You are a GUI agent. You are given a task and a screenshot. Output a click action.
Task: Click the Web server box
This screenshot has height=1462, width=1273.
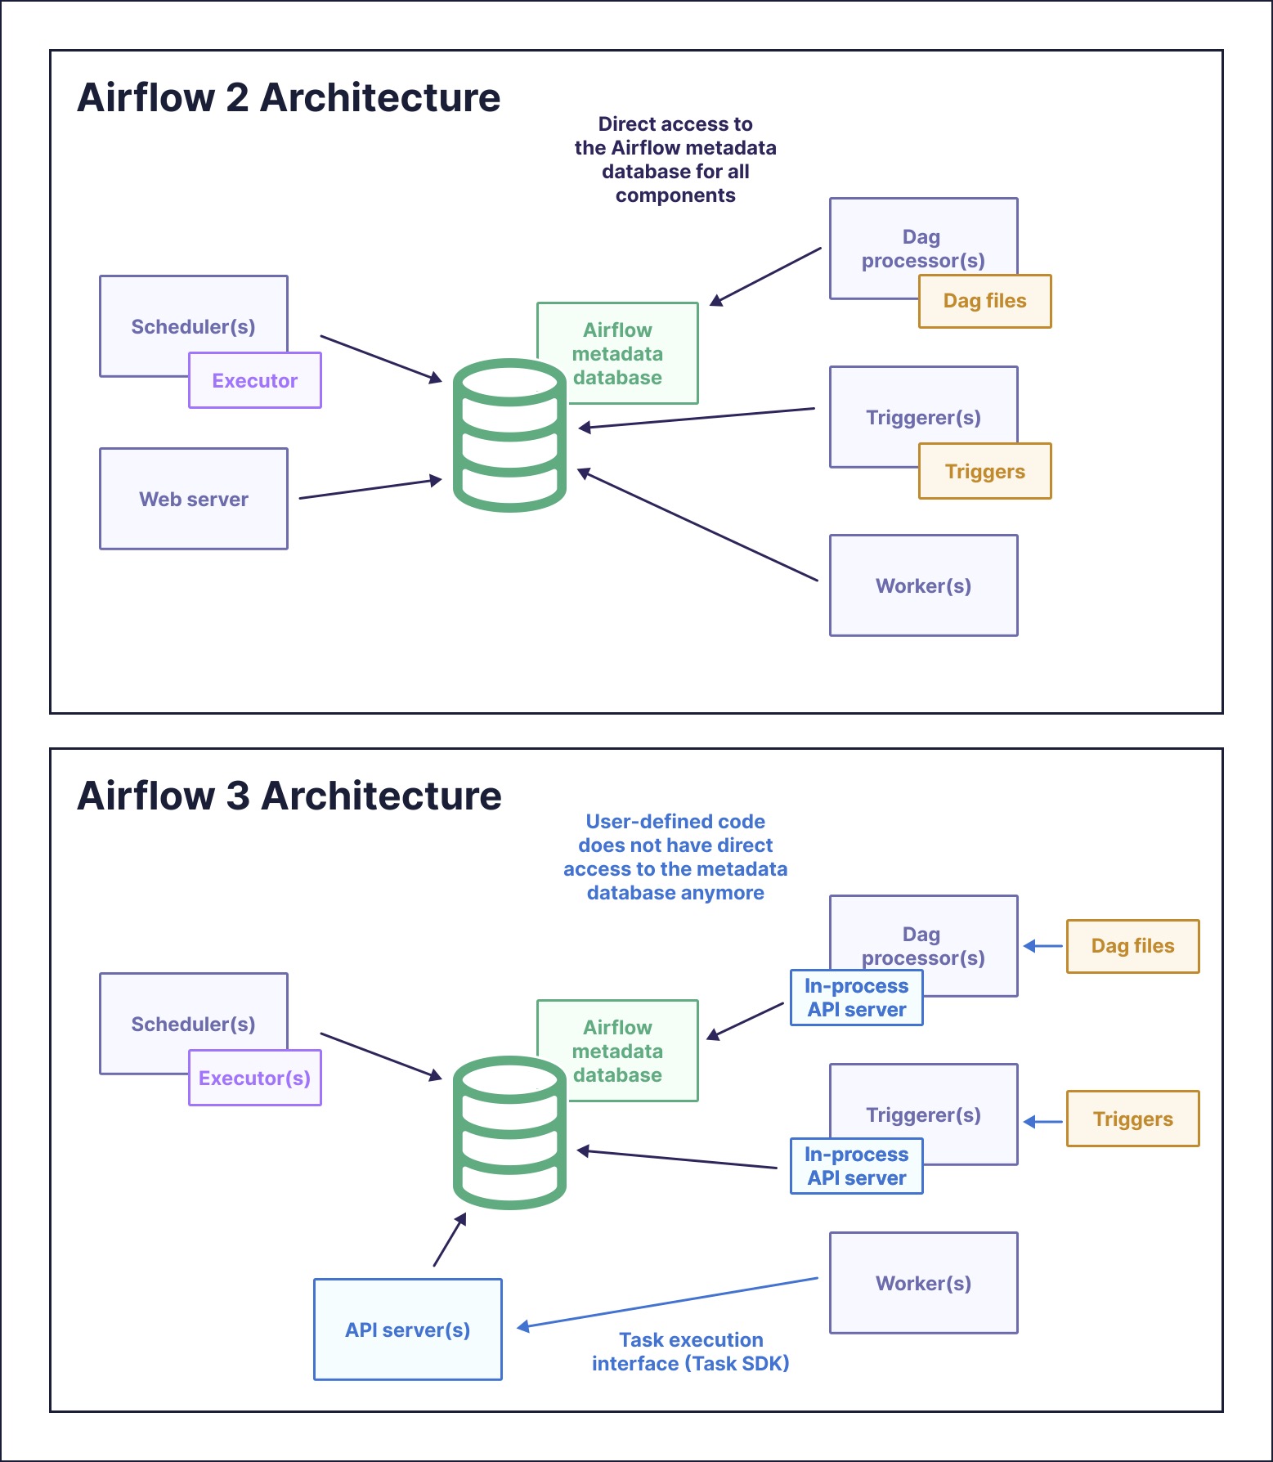click(x=194, y=499)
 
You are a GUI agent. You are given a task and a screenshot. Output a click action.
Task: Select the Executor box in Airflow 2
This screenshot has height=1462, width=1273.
click(x=255, y=380)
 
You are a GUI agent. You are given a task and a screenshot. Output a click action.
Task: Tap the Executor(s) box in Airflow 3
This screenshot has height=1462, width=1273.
click(x=255, y=1078)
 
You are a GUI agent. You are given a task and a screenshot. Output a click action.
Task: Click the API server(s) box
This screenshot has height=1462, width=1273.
click(x=407, y=1330)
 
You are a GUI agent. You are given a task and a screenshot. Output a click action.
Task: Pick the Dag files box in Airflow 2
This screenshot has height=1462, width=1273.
click(x=985, y=301)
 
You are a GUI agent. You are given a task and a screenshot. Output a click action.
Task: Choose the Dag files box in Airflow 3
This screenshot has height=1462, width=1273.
click(x=1132, y=946)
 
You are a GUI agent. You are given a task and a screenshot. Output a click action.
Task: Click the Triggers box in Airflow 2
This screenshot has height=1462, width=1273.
click(x=985, y=471)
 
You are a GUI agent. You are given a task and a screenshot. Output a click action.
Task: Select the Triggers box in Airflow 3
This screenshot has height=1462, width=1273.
click(x=1132, y=1119)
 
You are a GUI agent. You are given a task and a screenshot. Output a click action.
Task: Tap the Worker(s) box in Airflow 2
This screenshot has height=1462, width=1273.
click(x=923, y=585)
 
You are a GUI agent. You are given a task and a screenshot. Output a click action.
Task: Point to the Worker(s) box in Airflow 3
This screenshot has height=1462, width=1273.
click(x=923, y=1283)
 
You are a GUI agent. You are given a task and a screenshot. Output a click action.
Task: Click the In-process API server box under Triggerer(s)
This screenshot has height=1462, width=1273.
click(x=856, y=1166)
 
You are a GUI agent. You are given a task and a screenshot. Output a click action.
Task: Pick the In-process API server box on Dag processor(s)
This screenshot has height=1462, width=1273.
click(x=856, y=998)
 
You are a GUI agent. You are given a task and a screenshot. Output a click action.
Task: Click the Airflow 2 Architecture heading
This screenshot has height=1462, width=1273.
click(x=289, y=97)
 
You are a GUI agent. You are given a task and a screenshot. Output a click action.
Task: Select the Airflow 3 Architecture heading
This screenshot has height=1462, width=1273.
click(x=289, y=796)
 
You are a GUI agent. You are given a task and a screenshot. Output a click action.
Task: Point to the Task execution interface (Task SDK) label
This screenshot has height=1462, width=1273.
click(x=691, y=1352)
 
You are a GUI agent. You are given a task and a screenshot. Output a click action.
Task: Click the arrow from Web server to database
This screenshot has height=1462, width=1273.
click(x=370, y=489)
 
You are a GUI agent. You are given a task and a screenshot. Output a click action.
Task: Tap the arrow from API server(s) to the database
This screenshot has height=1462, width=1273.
click(x=449, y=1240)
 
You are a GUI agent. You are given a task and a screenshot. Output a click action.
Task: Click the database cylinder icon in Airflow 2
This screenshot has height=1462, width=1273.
click(x=509, y=436)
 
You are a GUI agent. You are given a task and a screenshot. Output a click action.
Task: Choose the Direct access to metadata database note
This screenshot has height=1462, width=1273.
click(x=675, y=159)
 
